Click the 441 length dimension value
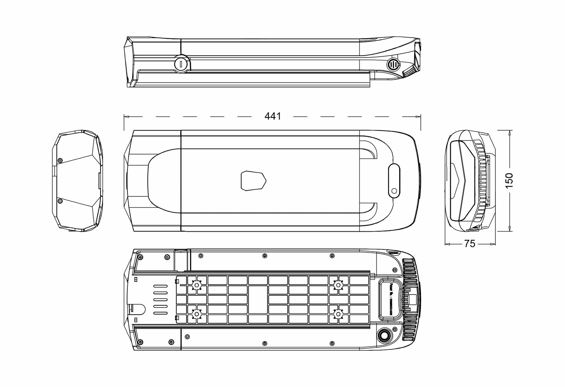click(273, 116)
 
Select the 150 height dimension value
click(509, 181)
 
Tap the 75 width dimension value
click(470, 244)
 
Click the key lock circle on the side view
click(181, 63)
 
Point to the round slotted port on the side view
click(393, 65)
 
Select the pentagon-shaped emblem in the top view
click(253, 181)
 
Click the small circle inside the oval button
click(394, 191)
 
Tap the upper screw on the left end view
click(60, 161)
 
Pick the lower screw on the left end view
click(60, 201)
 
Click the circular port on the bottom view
click(384, 335)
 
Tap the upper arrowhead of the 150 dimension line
click(509, 133)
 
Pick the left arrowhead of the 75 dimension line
click(447, 244)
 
